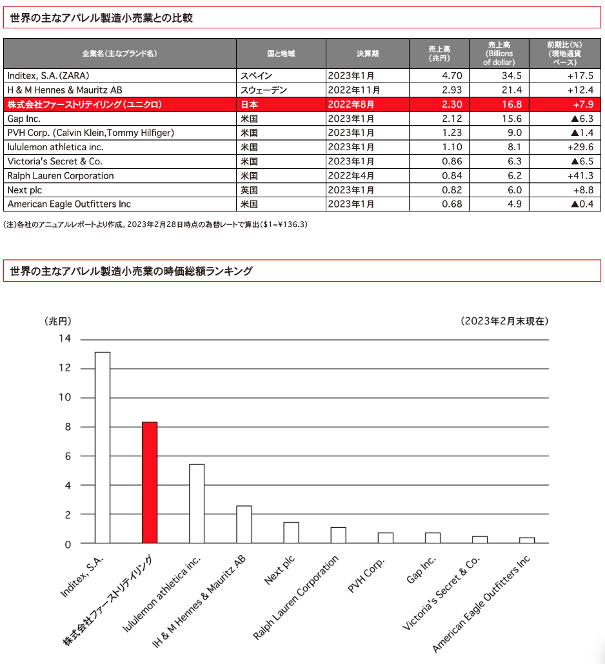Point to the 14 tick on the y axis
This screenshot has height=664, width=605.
pos(65,339)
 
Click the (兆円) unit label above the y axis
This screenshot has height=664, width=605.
pos(58,320)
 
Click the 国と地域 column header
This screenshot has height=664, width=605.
pos(281,54)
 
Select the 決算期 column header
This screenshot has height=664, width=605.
pos(368,54)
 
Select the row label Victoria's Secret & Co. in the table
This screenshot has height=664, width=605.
pos(55,161)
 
